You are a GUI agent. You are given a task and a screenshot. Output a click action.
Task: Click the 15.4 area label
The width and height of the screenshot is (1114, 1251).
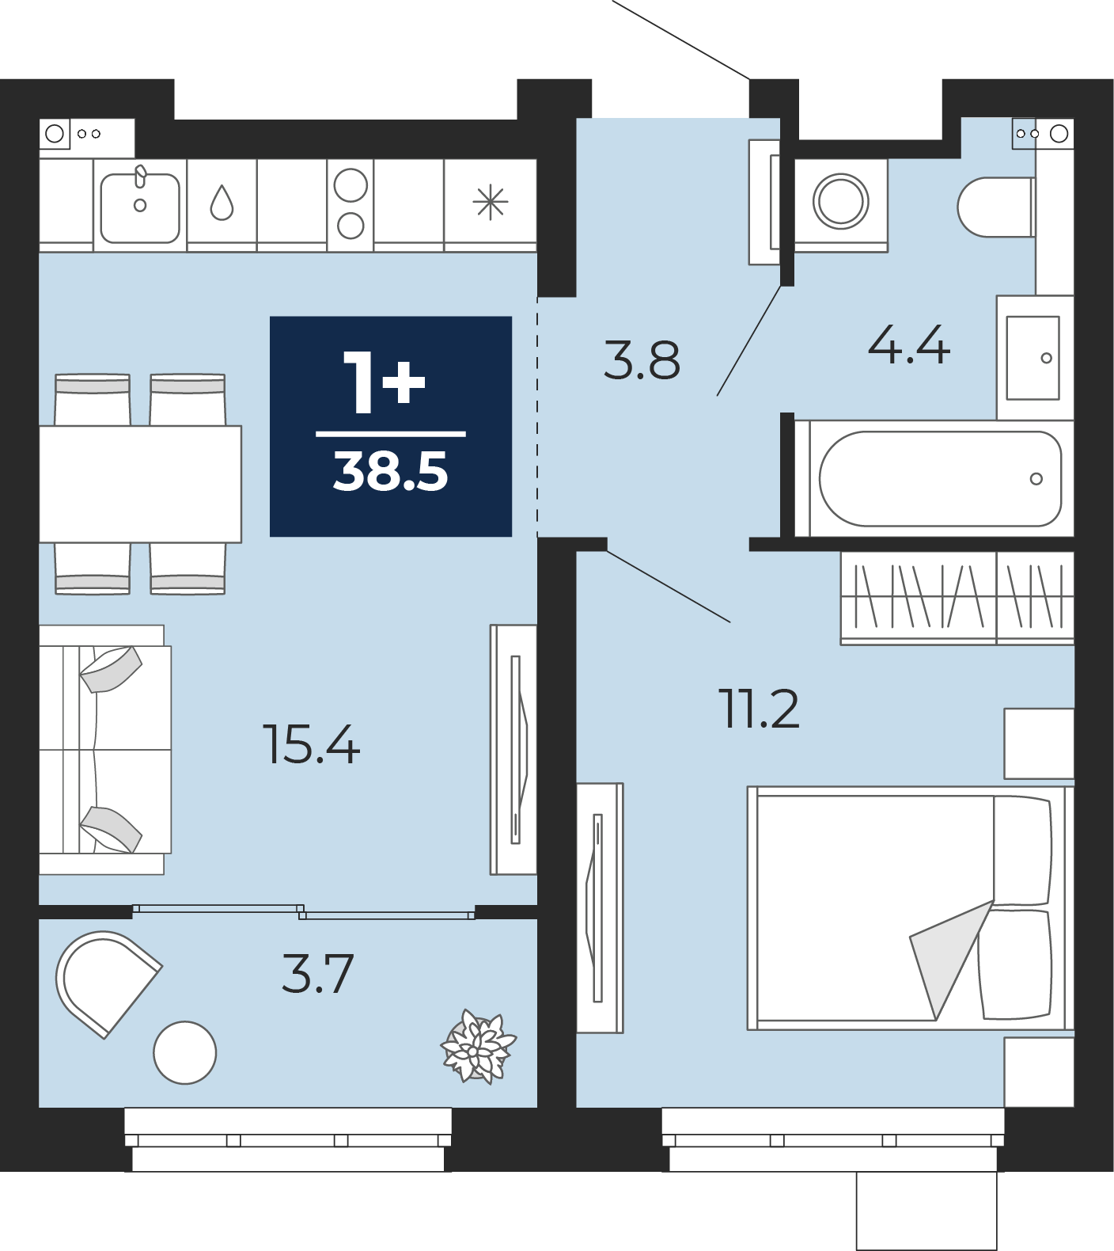(311, 745)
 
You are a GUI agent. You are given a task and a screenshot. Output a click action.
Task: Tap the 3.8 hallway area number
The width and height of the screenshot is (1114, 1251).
(642, 360)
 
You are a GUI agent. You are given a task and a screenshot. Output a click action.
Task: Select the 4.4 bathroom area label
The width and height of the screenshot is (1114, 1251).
(908, 345)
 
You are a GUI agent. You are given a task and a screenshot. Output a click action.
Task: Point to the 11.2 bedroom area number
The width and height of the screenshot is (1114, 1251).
(759, 709)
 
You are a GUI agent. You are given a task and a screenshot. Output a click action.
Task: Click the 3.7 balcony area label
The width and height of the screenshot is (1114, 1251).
(318, 974)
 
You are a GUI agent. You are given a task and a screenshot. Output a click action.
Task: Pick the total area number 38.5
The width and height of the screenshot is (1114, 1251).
(391, 471)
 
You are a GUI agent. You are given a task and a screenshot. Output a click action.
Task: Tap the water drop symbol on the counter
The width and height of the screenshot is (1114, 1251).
(222, 203)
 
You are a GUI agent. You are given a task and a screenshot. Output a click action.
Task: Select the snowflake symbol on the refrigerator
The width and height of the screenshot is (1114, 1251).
(491, 203)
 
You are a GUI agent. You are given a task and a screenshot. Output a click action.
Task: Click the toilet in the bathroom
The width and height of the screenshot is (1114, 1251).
(996, 207)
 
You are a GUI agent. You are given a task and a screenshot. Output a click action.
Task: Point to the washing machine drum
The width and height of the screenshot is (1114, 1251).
(840, 201)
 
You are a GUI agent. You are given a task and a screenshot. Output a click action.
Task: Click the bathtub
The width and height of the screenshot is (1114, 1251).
(940, 478)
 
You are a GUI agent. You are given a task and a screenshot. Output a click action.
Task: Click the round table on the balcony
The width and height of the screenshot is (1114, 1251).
(185, 1052)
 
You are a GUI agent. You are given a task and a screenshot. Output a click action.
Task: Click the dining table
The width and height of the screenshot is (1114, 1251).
(140, 484)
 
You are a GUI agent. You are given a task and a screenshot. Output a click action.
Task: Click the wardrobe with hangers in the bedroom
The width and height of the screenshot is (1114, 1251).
(957, 599)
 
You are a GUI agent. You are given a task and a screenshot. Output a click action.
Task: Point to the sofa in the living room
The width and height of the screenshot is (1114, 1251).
(104, 750)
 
